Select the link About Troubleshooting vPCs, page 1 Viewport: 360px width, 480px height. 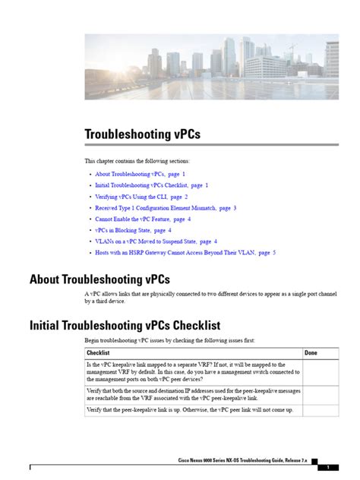tap(141, 174)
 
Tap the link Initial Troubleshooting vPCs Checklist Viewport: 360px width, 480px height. tap(151, 185)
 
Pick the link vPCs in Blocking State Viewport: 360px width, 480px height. tap(133, 229)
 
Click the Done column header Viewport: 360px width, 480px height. tap(311, 353)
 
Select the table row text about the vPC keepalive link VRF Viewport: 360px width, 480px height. tap(190, 371)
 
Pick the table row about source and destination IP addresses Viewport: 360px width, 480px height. tap(190, 393)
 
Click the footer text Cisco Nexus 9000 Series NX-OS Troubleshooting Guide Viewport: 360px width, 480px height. tap(243, 461)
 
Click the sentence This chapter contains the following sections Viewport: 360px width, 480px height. tap(137, 161)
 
